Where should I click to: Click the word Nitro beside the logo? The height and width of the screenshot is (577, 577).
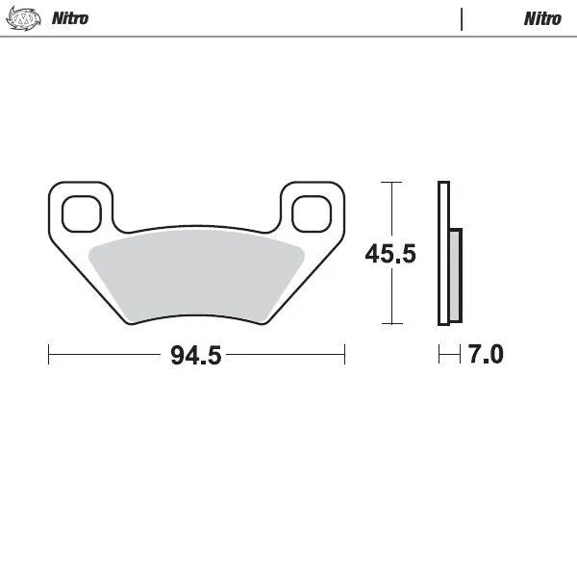coord(69,18)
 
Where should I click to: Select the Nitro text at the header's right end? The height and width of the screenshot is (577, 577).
coord(542,18)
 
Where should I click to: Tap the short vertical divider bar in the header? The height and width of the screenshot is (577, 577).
coord(463,19)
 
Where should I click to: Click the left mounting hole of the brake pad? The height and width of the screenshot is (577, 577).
coord(81,213)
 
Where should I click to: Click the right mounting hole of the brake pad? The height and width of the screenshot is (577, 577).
coord(311,213)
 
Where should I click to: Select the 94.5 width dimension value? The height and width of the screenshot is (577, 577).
coord(196,355)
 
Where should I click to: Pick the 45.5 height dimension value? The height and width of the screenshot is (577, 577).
coord(389,254)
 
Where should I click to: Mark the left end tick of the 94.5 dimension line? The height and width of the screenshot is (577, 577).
coord(49,355)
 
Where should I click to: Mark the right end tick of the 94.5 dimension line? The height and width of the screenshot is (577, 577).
coord(344,355)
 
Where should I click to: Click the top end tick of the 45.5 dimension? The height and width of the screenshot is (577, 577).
coord(389,182)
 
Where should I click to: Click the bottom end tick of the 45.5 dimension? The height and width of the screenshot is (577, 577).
coord(389,324)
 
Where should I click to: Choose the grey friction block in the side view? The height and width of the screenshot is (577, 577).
coord(455,274)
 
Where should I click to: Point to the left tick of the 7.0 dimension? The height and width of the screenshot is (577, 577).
coord(439,355)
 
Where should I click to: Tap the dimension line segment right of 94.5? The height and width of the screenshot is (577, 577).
coord(285,355)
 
